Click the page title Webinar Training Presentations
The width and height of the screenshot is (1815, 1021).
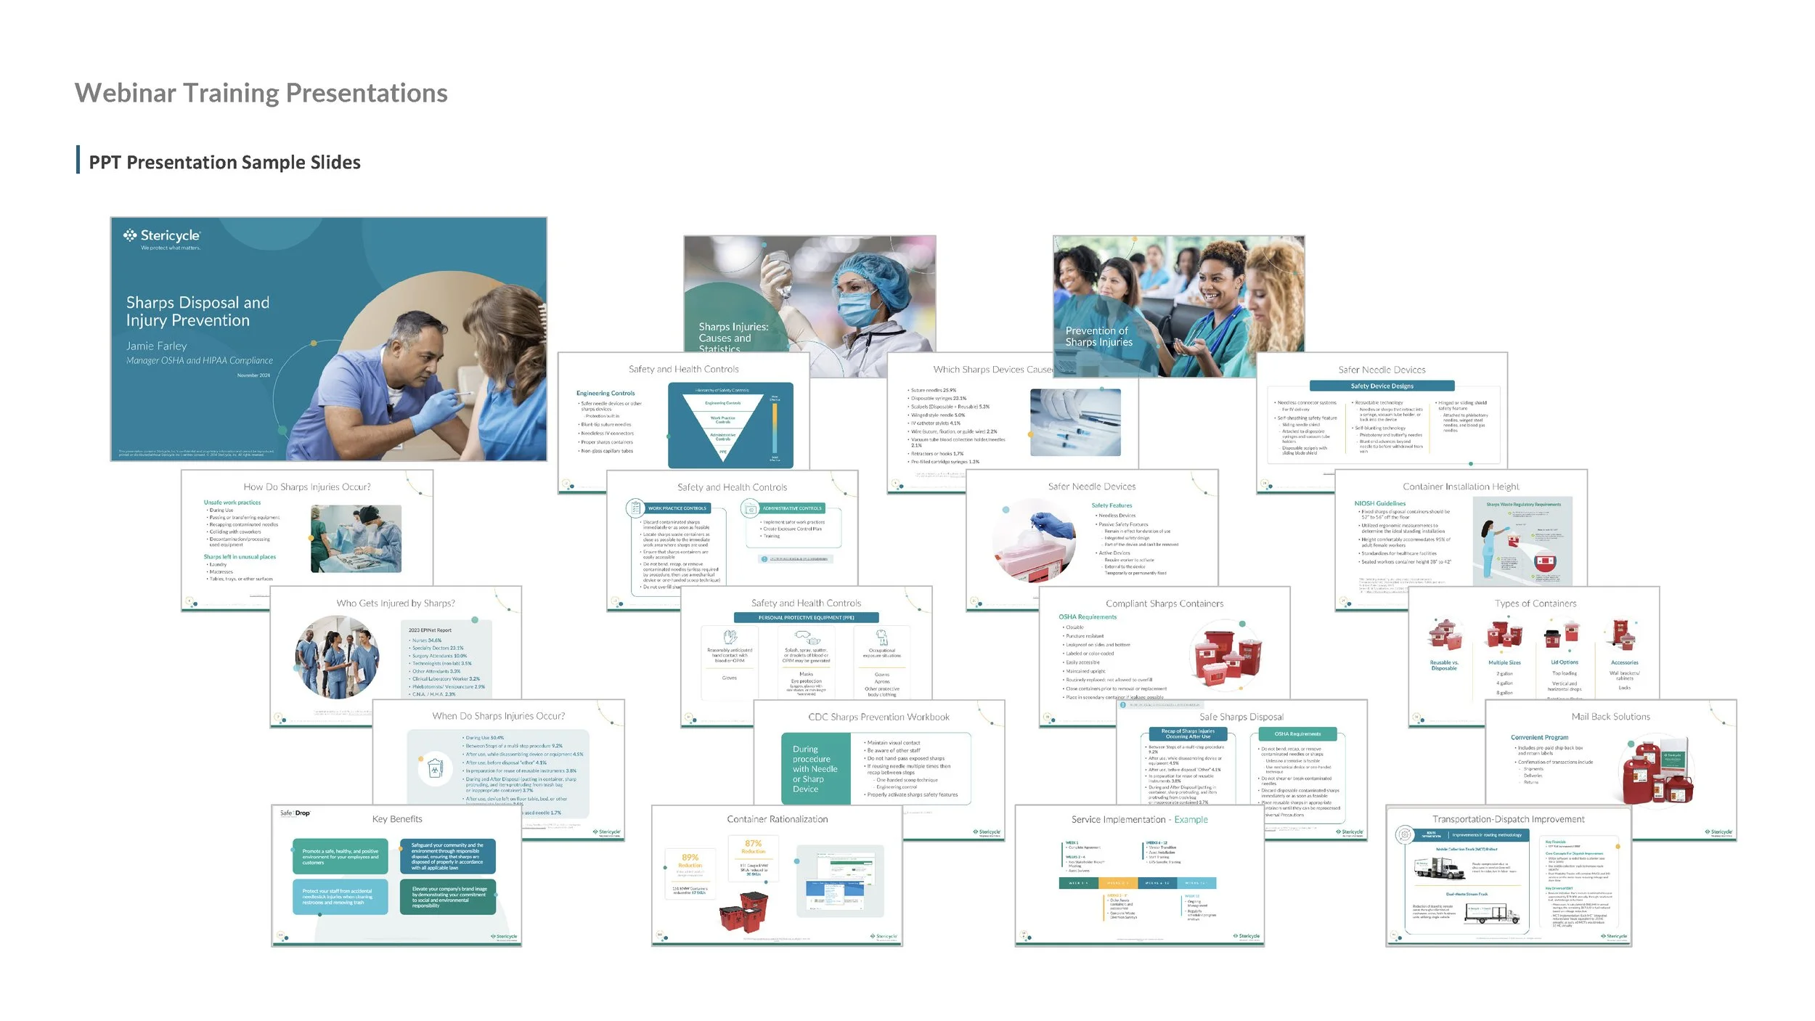point(261,93)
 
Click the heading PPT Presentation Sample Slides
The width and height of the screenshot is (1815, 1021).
point(224,162)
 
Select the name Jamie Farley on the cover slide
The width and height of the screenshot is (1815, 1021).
point(156,346)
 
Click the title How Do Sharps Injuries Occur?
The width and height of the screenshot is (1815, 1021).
point(306,487)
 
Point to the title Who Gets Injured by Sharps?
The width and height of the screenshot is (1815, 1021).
point(396,603)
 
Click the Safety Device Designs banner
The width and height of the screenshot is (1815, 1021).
point(1382,386)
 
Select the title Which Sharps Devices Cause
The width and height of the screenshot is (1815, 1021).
point(992,370)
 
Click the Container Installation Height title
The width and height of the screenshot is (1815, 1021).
point(1460,487)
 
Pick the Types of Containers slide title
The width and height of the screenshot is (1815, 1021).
point(1535,603)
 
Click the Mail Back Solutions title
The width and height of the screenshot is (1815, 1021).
point(1610,717)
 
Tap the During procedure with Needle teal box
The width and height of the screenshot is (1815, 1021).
point(815,769)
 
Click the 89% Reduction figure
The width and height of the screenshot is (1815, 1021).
point(690,861)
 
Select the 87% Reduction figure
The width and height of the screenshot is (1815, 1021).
point(753,847)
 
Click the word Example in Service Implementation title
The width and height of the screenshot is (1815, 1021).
point(1191,820)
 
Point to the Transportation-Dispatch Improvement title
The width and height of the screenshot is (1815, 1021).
point(1508,819)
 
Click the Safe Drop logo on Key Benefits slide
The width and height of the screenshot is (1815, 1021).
point(295,813)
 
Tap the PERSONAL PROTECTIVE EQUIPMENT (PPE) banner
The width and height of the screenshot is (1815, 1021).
point(806,618)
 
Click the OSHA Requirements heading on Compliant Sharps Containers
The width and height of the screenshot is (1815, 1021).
point(1087,617)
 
